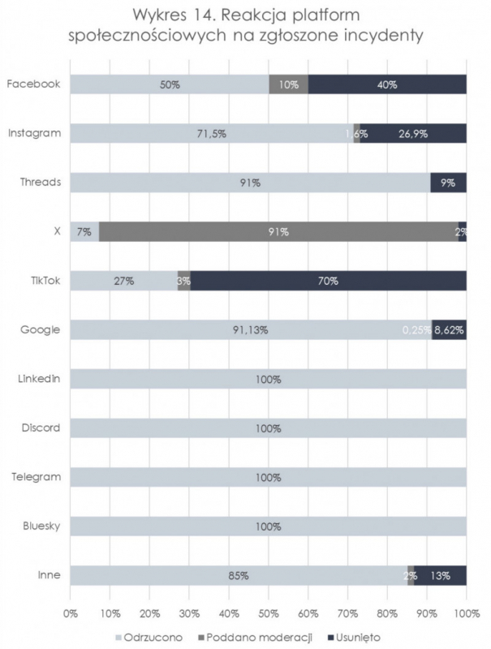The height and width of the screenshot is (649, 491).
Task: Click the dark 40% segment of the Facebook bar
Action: click(387, 84)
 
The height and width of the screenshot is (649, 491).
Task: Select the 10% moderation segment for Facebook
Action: click(288, 84)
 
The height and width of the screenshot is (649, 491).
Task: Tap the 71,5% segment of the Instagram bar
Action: click(211, 134)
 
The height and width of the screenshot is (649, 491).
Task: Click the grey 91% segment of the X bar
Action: click(278, 232)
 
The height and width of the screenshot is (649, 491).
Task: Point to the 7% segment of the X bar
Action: click(84, 232)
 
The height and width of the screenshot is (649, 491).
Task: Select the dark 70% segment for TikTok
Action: click(328, 281)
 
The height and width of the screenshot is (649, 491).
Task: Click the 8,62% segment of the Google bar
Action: click(450, 330)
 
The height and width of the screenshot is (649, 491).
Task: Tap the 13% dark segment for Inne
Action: click(441, 575)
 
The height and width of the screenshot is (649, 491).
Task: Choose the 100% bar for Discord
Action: click(268, 428)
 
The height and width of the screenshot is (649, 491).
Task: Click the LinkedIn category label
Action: click(39, 379)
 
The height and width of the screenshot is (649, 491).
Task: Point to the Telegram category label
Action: click(38, 477)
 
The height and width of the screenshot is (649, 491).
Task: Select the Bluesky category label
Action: click(41, 527)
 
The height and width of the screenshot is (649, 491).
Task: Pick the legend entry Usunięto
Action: click(356, 637)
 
